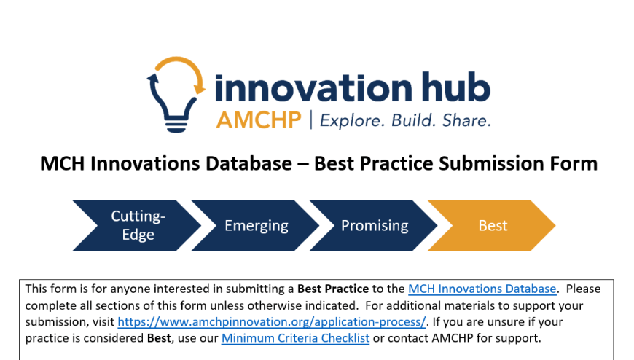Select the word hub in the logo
point(456,87)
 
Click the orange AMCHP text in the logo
point(259,120)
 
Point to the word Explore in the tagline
point(352,120)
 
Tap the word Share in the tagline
point(466,120)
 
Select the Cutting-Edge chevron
point(137,225)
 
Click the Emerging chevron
point(256,225)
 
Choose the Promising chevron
point(374,225)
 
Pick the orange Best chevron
point(492,225)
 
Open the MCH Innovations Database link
point(482,289)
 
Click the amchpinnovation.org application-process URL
point(272,322)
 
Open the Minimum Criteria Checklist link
point(296,338)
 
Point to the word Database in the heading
point(248,164)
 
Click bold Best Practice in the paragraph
point(333,289)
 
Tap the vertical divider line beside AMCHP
point(311,120)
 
